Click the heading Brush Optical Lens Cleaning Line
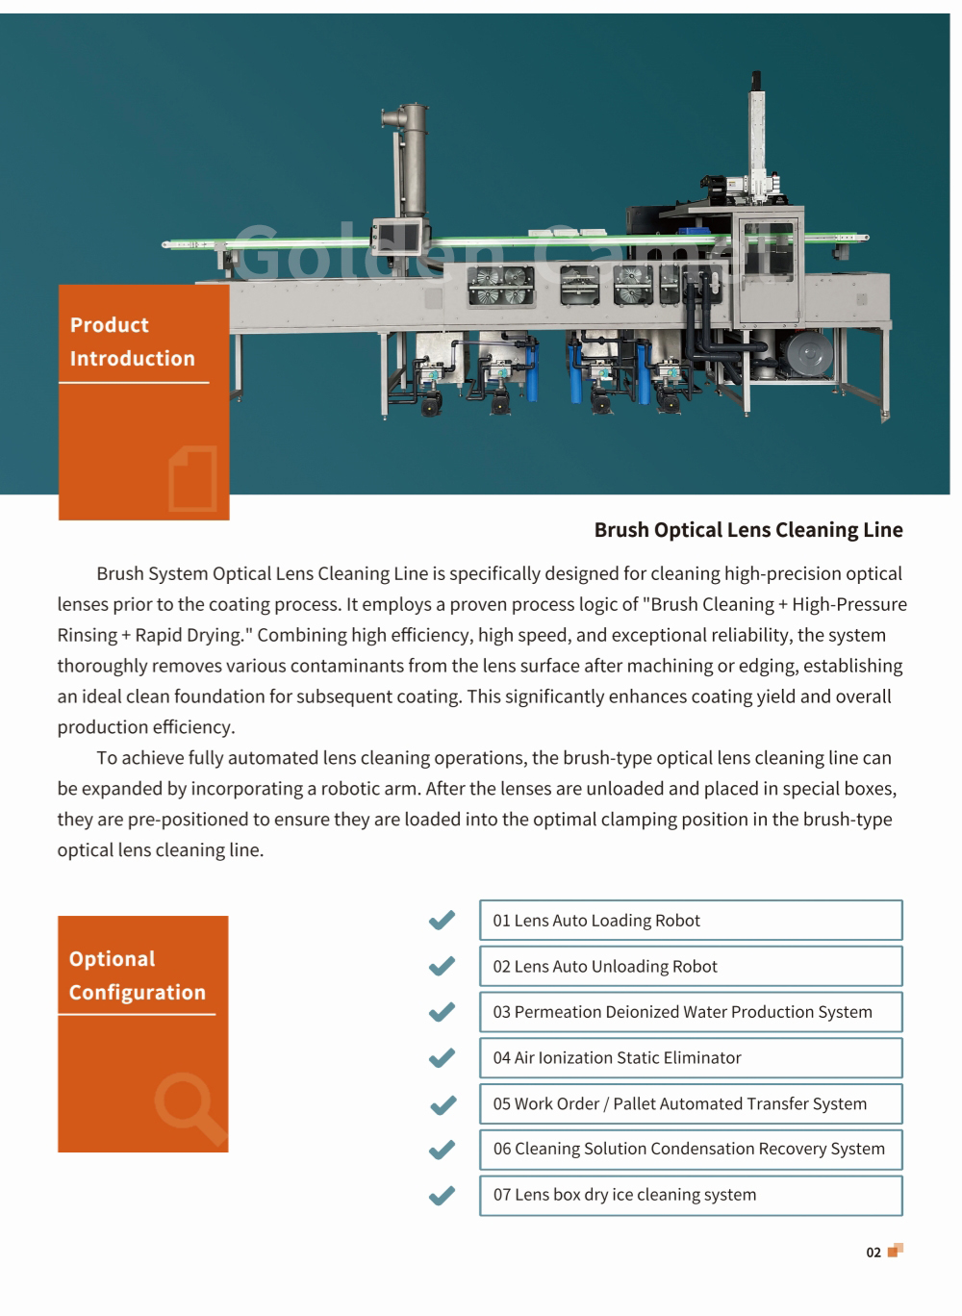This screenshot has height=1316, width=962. [x=747, y=530]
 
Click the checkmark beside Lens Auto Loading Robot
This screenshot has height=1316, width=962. [x=442, y=921]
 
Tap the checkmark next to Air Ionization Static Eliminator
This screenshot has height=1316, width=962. [x=442, y=1058]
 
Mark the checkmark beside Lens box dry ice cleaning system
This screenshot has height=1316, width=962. [x=442, y=1196]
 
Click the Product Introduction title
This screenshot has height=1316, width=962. [x=132, y=342]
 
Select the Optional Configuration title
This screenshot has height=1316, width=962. [x=137, y=975]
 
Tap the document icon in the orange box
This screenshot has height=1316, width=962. [x=193, y=478]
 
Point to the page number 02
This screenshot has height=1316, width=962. [x=873, y=1253]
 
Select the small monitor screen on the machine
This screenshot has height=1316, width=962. [x=397, y=237]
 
